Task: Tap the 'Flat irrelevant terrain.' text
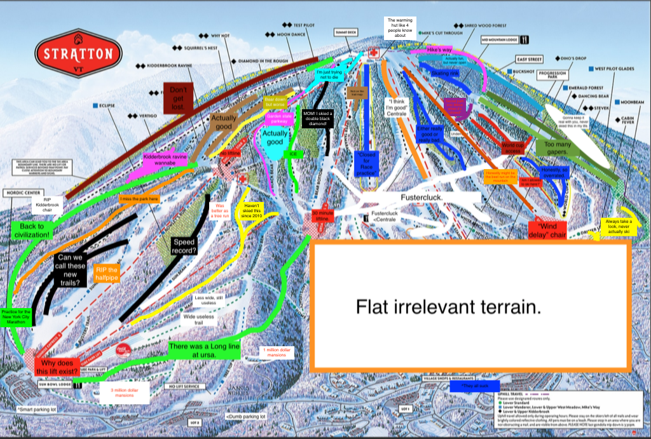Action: click(449, 307)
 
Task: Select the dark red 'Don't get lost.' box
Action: click(177, 98)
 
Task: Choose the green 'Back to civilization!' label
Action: click(31, 231)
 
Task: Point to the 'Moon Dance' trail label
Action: click(291, 35)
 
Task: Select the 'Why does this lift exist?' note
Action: click(58, 367)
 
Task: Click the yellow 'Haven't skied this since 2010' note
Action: click(249, 212)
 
